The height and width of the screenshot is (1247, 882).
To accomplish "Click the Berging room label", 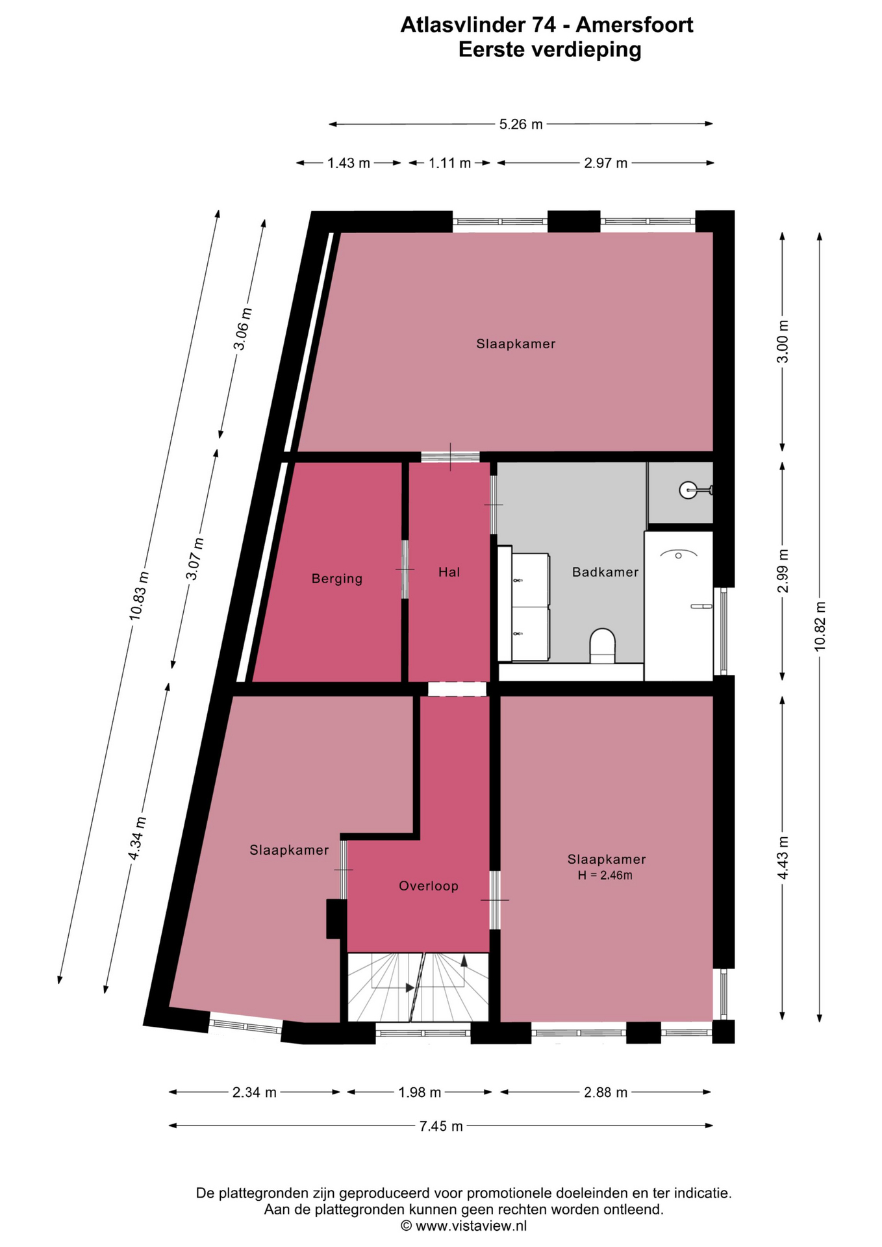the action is coord(336,579).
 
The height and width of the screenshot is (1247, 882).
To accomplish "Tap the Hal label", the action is coord(449,572).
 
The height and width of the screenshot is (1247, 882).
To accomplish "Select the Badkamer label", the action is coord(605,572).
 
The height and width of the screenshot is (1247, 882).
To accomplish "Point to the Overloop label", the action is coord(429,886).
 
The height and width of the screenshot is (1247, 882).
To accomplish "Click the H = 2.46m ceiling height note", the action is coord(605,875).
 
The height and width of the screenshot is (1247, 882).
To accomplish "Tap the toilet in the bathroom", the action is coord(602,646).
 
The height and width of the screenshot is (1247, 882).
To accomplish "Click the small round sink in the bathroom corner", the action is coord(688,490).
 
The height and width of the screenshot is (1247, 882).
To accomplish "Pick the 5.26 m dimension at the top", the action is coord(521,124).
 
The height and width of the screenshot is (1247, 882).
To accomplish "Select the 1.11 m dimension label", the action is coord(449,163).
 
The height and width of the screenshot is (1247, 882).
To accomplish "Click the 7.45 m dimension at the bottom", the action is coord(441,1126).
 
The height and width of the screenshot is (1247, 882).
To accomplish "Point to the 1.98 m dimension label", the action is coord(420,1092).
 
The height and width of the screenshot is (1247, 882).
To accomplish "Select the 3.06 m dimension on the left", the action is coord(242,329).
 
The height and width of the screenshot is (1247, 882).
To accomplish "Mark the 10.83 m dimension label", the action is coord(139,596).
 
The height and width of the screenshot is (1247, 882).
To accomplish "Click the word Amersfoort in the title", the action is coord(635,25).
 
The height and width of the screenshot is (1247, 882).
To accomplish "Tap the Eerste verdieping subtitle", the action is coord(549,49).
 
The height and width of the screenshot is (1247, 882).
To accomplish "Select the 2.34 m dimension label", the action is coord(255,1092).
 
